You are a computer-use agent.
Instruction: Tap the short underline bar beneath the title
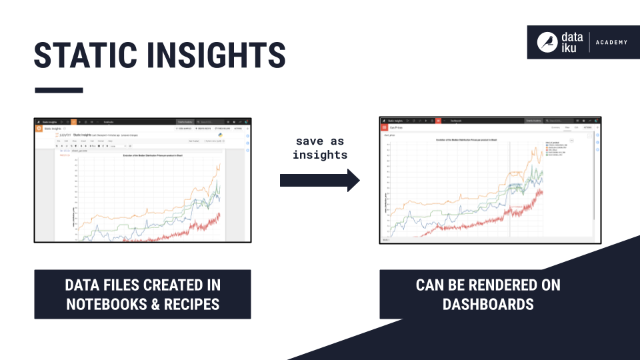59,90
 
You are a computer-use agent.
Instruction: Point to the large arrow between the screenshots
319,180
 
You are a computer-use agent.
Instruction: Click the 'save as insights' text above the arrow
320,147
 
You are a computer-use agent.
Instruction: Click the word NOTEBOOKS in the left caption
96,304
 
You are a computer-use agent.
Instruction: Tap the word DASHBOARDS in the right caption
488,304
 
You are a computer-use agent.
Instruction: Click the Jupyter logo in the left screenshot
64,135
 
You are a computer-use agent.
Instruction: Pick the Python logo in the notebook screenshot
220,135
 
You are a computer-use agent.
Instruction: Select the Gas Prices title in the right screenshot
397,127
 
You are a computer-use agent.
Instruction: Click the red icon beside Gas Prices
384,127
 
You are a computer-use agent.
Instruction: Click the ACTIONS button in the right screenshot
588,127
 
